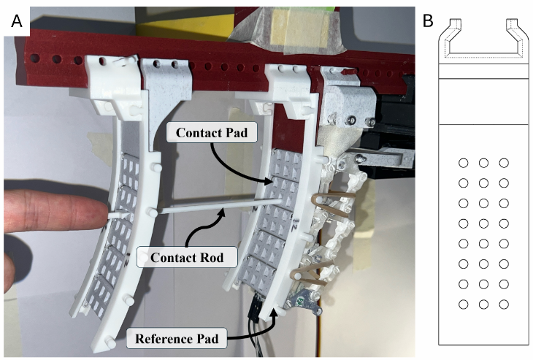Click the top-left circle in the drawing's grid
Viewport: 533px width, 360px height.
pyautogui.click(x=463, y=163)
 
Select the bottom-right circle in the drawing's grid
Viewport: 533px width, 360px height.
pyautogui.click(x=504, y=303)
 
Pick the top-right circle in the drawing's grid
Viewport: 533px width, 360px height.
pyautogui.click(x=504, y=163)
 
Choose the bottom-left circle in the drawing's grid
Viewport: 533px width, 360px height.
pyautogui.click(x=463, y=303)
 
